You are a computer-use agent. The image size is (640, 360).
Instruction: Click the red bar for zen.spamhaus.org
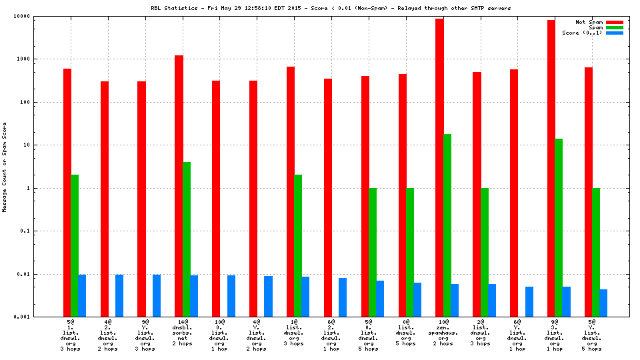click(x=439, y=167)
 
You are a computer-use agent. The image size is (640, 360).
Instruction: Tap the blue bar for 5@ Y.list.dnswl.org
click(x=603, y=303)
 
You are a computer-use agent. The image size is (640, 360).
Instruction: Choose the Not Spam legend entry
click(x=589, y=22)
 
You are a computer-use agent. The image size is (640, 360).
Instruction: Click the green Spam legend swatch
click(x=614, y=27)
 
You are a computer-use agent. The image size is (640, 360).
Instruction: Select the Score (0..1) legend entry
click(x=582, y=33)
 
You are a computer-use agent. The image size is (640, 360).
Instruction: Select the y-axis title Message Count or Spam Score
click(x=5, y=167)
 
